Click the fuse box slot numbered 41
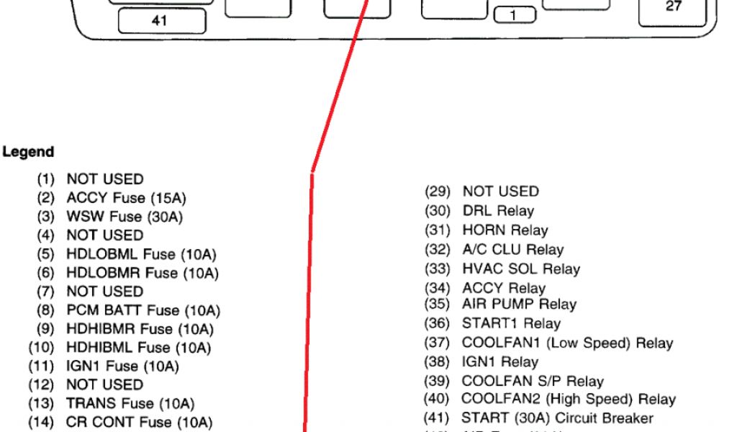(160, 22)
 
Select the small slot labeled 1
(513, 14)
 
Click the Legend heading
(28, 152)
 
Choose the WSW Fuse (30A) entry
(125, 216)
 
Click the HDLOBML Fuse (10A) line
(141, 253)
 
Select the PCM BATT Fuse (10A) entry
(143, 310)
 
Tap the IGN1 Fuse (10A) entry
(122, 366)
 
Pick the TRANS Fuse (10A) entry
(130, 404)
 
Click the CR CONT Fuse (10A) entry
(139, 422)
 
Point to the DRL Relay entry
(497, 211)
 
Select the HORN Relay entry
(505, 230)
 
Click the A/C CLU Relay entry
(512, 250)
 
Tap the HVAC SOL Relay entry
(520, 269)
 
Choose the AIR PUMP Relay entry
(518, 305)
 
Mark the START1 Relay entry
(510, 324)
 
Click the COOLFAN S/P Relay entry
(532, 381)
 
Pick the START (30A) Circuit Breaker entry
(557, 418)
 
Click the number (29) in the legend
(436, 192)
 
